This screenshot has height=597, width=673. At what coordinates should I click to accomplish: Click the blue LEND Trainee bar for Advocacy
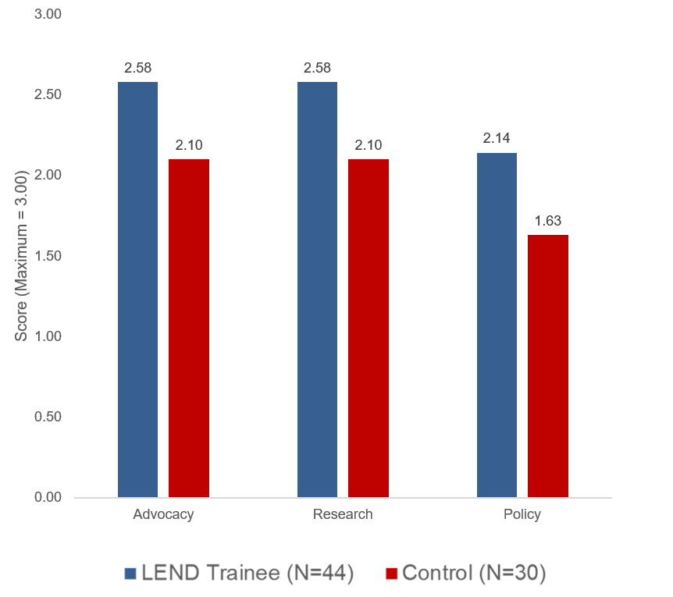pyautogui.click(x=137, y=290)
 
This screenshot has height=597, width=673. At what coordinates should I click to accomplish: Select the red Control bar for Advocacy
pyautogui.click(x=189, y=328)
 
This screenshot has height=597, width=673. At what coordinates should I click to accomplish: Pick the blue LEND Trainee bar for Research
pyautogui.click(x=317, y=290)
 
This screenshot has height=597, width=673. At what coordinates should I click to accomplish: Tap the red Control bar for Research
pyautogui.click(x=369, y=328)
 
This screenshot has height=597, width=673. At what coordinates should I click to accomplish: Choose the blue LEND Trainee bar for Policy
pyautogui.click(x=497, y=325)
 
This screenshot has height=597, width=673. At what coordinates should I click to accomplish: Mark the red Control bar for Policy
pyautogui.click(x=547, y=366)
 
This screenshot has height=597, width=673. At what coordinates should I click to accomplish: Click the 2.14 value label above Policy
pyautogui.click(x=497, y=138)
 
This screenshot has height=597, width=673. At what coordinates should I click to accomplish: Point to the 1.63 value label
pyautogui.click(x=547, y=221)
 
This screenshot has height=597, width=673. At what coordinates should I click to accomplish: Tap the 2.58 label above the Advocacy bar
pyautogui.click(x=137, y=68)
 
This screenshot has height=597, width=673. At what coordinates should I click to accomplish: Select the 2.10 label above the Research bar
pyautogui.click(x=369, y=145)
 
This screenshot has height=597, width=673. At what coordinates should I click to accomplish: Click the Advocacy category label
pyautogui.click(x=163, y=514)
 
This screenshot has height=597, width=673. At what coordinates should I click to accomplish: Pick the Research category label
pyautogui.click(x=343, y=513)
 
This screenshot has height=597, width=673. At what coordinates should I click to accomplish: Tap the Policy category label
pyautogui.click(x=522, y=514)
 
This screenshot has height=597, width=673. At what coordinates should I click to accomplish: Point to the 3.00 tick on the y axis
pyautogui.click(x=48, y=14)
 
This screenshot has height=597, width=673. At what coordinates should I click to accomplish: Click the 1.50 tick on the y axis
pyautogui.click(x=48, y=256)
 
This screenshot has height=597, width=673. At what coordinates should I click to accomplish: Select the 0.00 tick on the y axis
pyautogui.click(x=48, y=498)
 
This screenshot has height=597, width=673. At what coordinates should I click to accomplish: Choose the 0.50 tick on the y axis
pyautogui.click(x=48, y=417)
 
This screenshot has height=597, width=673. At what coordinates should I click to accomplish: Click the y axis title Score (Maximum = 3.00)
pyautogui.click(x=21, y=256)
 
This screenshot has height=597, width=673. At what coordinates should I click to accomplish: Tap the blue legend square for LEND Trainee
pyautogui.click(x=130, y=574)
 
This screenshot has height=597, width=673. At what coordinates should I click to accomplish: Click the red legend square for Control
pyautogui.click(x=391, y=574)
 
